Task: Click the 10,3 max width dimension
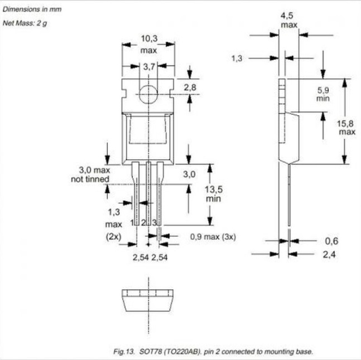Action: [149, 44]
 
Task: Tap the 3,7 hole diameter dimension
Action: [149, 67]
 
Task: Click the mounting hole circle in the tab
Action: [148, 94]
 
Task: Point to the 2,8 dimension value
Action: [190, 87]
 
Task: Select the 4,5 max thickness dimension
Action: [288, 20]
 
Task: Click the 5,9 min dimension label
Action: [323, 94]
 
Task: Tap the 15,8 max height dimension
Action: [346, 128]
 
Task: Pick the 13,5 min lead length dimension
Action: [214, 194]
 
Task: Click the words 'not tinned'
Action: [90, 179]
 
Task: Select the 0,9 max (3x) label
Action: [213, 237]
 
